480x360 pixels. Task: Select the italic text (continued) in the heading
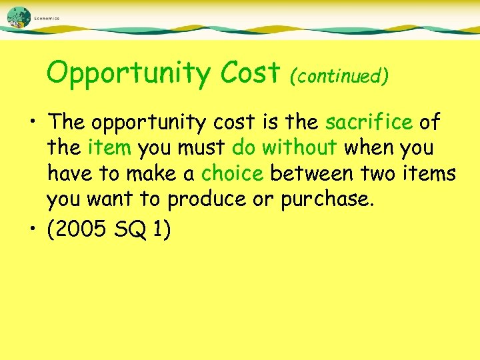click(x=338, y=75)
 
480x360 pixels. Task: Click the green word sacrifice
click(x=369, y=122)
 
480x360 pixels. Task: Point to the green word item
click(x=112, y=147)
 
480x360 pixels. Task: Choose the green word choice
click(x=232, y=173)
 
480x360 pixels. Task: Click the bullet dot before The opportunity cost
click(x=33, y=123)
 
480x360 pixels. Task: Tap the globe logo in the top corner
click(x=19, y=16)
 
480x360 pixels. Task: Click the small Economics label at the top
click(x=47, y=19)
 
